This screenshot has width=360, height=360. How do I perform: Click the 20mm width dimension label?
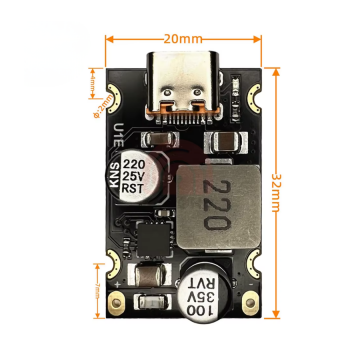(x=181, y=38)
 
